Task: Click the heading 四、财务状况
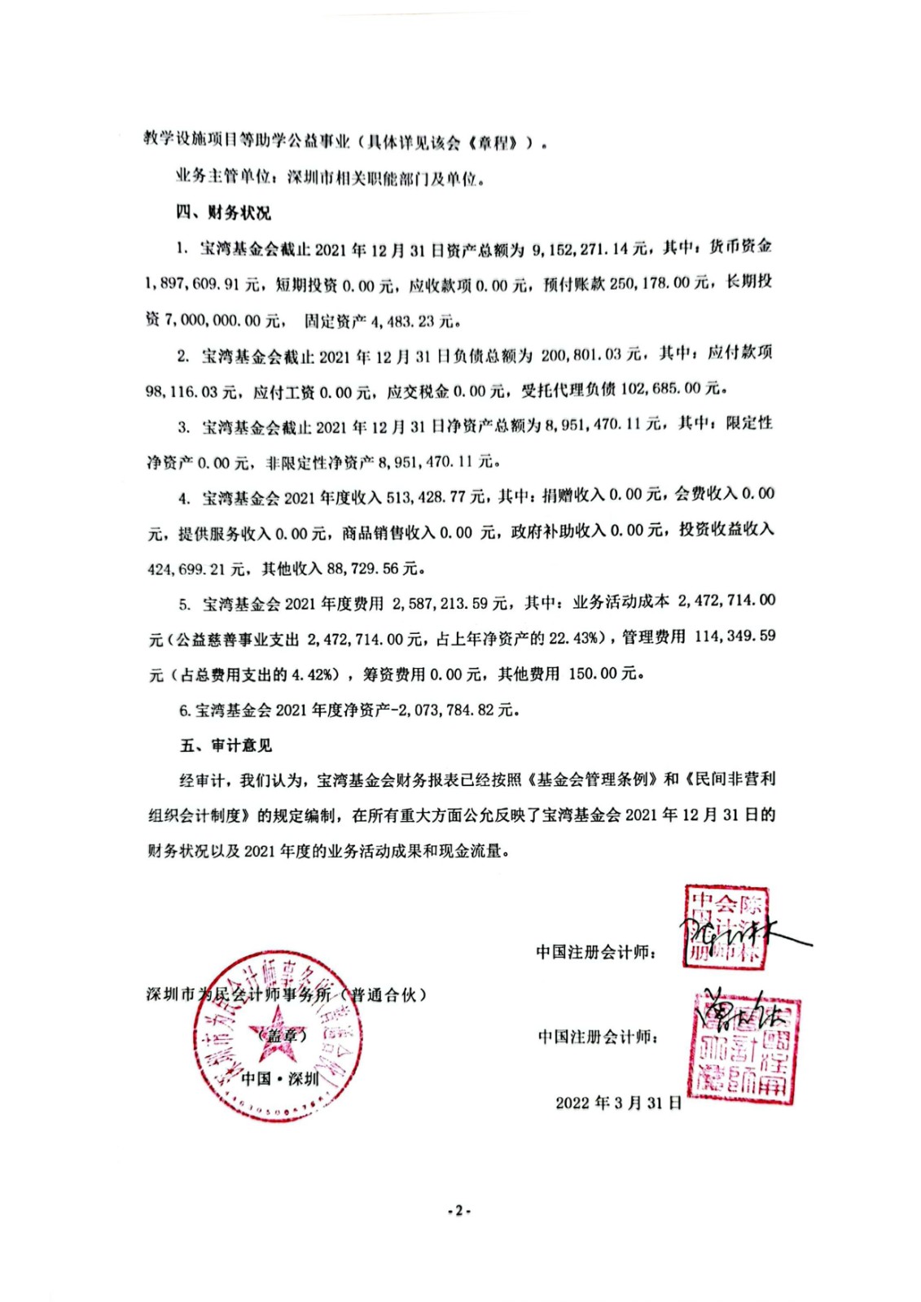pyautogui.click(x=222, y=212)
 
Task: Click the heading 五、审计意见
pyautogui.click(x=226, y=745)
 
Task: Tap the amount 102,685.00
pyautogui.click(x=660, y=389)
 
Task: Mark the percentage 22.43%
pyautogui.click(x=575, y=638)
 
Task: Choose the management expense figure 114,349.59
pyautogui.click(x=735, y=636)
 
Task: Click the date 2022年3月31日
pyautogui.click(x=619, y=1103)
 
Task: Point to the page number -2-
pyautogui.click(x=459, y=1210)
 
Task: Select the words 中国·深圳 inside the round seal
pyautogui.click(x=281, y=1078)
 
